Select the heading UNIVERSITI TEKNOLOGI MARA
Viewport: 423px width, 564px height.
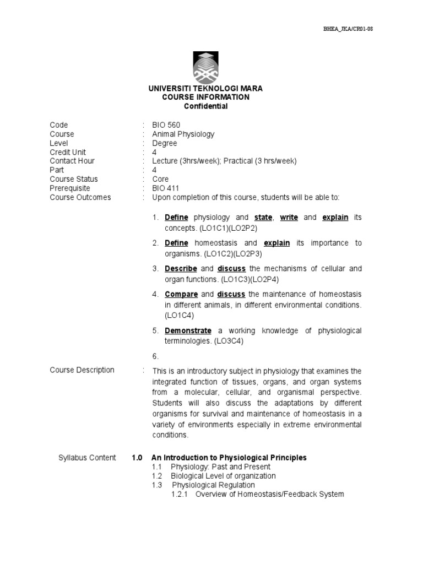click(205, 88)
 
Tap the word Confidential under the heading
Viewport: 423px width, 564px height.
click(205, 106)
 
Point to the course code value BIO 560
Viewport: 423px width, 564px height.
click(166, 125)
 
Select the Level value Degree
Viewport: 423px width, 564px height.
click(165, 143)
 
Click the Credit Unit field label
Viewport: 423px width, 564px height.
click(68, 152)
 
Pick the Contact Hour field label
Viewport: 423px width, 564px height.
click(72, 161)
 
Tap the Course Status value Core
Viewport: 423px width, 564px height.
click(161, 179)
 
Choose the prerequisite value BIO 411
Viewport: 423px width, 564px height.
click(166, 188)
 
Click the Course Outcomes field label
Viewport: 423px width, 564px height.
click(80, 197)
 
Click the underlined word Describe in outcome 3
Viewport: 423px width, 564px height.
click(181, 269)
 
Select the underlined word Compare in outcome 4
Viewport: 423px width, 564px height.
click(181, 295)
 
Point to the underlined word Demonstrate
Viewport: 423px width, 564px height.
click(188, 331)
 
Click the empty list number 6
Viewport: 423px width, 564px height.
click(156, 356)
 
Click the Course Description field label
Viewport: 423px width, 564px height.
click(82, 370)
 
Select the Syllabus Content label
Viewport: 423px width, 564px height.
click(87, 458)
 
